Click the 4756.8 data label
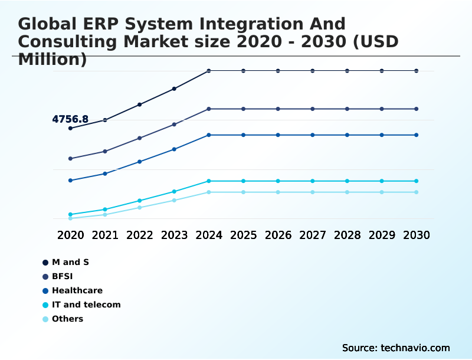(70, 119)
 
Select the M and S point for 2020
(70, 128)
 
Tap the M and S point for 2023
(174, 89)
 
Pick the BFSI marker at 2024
(209, 109)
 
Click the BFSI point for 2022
(139, 138)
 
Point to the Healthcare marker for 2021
(105, 174)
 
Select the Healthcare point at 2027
(313, 135)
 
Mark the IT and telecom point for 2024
(209, 181)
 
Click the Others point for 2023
(174, 200)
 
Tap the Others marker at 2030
(417, 192)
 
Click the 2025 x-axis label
(243, 235)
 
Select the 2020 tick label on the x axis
(70, 235)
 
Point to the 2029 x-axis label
(382, 235)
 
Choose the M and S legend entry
(70, 262)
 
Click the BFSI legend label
(62, 276)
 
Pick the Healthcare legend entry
(77, 290)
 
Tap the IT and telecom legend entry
(86, 305)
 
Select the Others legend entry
(67, 319)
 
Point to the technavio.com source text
(415, 348)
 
